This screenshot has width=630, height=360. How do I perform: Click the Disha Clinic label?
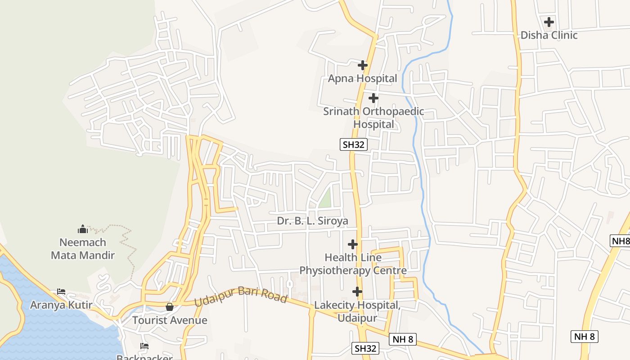549,35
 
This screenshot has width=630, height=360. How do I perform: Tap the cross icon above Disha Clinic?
549,22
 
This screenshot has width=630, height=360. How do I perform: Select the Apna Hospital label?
362,78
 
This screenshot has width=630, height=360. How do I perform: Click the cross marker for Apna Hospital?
363,65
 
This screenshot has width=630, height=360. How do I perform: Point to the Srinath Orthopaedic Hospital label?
373,117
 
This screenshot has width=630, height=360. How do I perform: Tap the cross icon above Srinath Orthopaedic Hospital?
373,98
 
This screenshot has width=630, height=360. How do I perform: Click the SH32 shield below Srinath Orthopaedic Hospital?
354,144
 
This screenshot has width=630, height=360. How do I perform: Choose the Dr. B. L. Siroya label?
313,221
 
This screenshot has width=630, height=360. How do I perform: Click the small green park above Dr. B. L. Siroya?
325,198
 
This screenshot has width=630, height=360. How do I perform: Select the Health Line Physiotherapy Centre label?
353,264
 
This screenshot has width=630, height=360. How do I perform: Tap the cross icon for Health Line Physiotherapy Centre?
353,244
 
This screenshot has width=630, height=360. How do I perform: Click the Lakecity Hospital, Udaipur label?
357,311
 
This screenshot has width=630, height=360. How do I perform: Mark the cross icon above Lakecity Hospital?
357,292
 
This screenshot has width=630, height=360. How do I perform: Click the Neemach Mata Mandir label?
83,249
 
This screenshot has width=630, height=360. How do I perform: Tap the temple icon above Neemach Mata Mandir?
83,229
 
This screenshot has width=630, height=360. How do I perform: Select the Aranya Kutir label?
61,305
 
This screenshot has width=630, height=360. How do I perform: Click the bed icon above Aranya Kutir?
61,292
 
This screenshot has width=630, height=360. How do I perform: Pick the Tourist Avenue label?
170,320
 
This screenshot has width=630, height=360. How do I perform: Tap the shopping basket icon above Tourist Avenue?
170,307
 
